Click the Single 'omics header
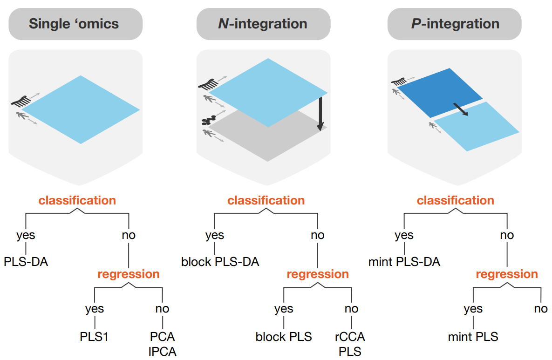75,24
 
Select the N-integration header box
263,24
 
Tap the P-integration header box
455,24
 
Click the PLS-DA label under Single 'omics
26,262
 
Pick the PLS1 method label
94,336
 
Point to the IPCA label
163,351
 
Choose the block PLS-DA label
220,262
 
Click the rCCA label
350,336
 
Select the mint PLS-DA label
404,262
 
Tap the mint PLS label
473,336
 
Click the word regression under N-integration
318,274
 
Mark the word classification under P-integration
455,200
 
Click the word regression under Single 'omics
128,274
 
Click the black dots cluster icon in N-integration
207,120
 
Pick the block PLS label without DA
284,336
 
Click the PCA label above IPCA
163,336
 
